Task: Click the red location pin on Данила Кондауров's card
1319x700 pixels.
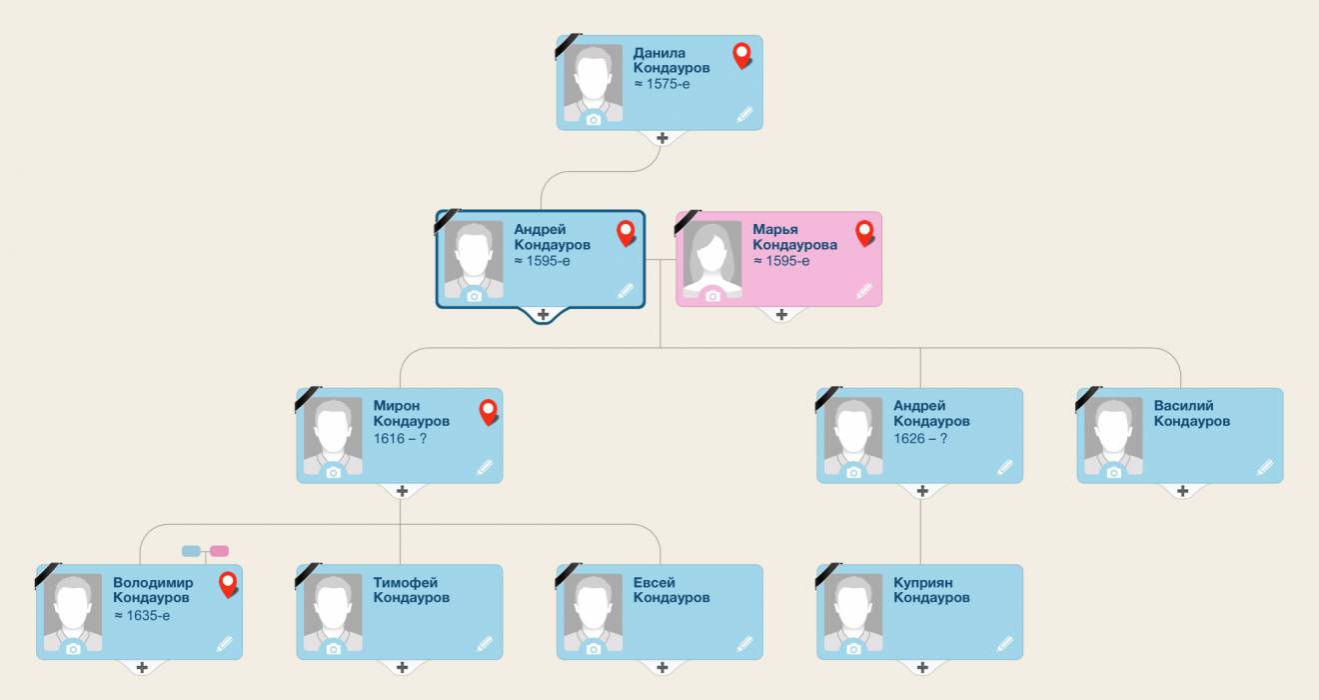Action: pyautogui.click(x=741, y=55)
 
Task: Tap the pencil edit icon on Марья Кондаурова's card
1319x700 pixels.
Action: pyautogui.click(x=863, y=290)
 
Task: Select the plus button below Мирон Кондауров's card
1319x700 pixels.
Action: pyautogui.click(x=402, y=491)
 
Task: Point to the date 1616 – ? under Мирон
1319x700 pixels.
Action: pyautogui.click(x=400, y=438)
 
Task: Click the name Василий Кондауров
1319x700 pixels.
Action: pyautogui.click(x=1192, y=413)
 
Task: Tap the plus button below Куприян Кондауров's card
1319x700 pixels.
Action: pyautogui.click(x=922, y=668)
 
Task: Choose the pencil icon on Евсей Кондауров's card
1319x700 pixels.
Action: pyautogui.click(x=744, y=643)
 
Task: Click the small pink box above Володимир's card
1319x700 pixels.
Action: pyautogui.click(x=219, y=551)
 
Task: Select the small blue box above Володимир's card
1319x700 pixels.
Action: pyautogui.click(x=191, y=551)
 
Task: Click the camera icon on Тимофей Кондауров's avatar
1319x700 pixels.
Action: pyautogui.click(x=334, y=649)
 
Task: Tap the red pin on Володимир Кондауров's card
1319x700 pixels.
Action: pyautogui.click(x=228, y=585)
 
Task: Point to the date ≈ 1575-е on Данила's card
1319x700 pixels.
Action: pyautogui.click(x=661, y=84)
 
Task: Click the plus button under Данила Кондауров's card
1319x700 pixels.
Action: pyautogui.click(x=662, y=138)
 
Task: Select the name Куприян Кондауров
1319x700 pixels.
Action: pyautogui.click(x=931, y=590)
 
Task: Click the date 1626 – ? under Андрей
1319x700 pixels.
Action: pyautogui.click(x=920, y=438)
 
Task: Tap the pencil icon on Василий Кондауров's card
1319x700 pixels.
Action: pyautogui.click(x=1265, y=467)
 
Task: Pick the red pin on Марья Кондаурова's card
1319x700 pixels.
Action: pyautogui.click(x=864, y=232)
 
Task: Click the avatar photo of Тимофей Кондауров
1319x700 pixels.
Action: pyautogui.click(x=334, y=614)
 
